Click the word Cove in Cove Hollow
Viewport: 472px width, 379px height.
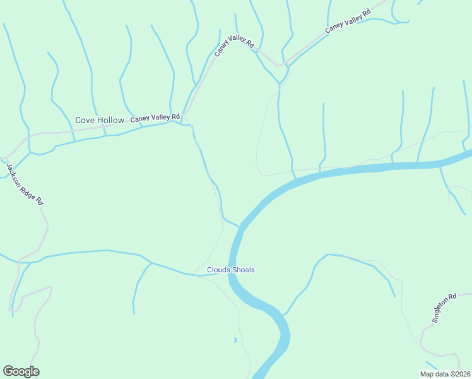85,120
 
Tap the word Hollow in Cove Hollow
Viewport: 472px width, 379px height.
110,120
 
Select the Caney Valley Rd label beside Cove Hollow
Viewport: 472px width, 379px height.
155,117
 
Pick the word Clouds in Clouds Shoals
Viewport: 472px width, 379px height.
218,270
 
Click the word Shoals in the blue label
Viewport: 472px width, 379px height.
243,270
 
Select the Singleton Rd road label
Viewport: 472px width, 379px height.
444,308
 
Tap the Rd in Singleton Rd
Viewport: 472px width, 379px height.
452,297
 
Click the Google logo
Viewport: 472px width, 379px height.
21,371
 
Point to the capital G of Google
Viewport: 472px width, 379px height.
8,371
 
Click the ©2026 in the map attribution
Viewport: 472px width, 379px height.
459,374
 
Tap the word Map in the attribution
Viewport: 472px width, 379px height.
427,374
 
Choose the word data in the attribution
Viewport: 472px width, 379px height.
441,374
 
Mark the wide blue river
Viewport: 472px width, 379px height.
353,170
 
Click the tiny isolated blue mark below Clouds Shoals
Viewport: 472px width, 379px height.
235,340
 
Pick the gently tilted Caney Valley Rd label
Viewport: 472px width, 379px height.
347,21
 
